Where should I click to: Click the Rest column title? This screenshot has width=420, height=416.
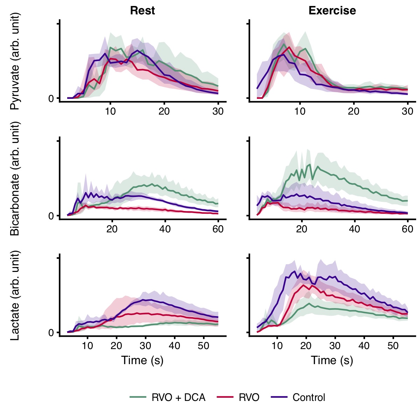(142, 11)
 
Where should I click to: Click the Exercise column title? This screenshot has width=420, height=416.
(332, 11)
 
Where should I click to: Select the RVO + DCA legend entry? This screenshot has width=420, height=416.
(178, 397)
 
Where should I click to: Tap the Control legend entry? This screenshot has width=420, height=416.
(309, 397)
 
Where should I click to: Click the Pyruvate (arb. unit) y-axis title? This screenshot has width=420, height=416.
(15, 61)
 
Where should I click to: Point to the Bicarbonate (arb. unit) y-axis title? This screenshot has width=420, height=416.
(15, 178)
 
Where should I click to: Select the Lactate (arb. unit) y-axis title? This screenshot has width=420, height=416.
(15, 295)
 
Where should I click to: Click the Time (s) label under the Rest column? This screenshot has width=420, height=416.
(142, 360)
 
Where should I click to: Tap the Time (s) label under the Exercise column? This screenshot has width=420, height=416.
(332, 360)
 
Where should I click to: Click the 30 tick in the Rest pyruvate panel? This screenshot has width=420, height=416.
(218, 111)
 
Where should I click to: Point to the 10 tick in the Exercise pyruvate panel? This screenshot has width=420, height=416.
(300, 111)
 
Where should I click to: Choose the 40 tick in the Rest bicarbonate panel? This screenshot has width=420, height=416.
(165, 229)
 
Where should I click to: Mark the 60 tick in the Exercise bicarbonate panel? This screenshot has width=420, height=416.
(408, 229)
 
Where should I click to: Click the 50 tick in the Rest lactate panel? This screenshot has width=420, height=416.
(203, 346)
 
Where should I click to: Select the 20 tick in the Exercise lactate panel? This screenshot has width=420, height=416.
(306, 346)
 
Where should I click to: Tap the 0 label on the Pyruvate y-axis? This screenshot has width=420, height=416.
(51, 98)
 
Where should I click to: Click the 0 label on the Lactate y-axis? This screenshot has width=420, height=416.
(51, 333)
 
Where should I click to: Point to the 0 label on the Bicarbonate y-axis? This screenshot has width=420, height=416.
(51, 216)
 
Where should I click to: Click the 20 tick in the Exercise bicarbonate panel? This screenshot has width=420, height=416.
(301, 229)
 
